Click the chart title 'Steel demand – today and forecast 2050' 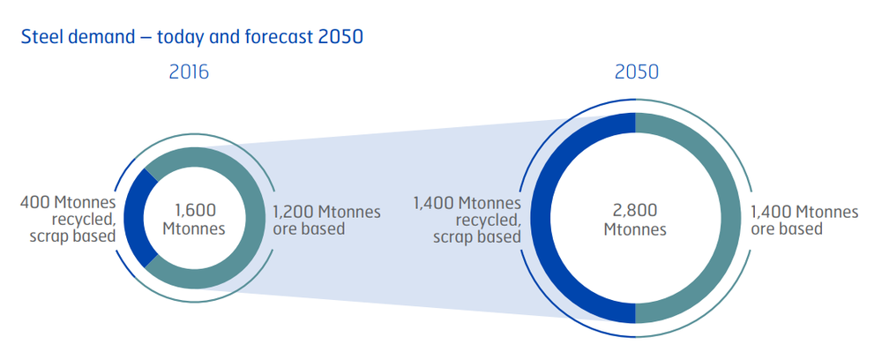pyautogui.click(x=191, y=37)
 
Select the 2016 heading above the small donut pyautogui.click(x=189, y=72)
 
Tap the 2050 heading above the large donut pyautogui.click(x=637, y=72)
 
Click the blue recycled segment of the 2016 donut pyautogui.click(x=134, y=218)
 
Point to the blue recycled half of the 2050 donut pyautogui.click(x=542, y=218)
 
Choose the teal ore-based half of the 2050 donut pyautogui.click(x=729, y=218)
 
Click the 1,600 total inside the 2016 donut pyautogui.click(x=194, y=211)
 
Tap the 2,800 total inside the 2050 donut pyautogui.click(x=635, y=211)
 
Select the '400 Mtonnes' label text pyautogui.click(x=68, y=202)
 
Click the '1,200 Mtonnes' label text pyautogui.click(x=327, y=212)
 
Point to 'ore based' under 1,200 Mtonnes pyautogui.click(x=309, y=229)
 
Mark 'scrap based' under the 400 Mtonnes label pyautogui.click(x=72, y=236)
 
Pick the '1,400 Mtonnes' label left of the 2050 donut pyautogui.click(x=467, y=203)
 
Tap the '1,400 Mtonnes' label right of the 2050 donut pyautogui.click(x=805, y=212)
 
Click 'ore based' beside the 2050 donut pyautogui.click(x=787, y=229)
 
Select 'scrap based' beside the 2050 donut pyautogui.click(x=477, y=236)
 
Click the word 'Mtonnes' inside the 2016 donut pyautogui.click(x=194, y=229)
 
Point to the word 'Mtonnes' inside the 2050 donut pyautogui.click(x=635, y=229)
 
